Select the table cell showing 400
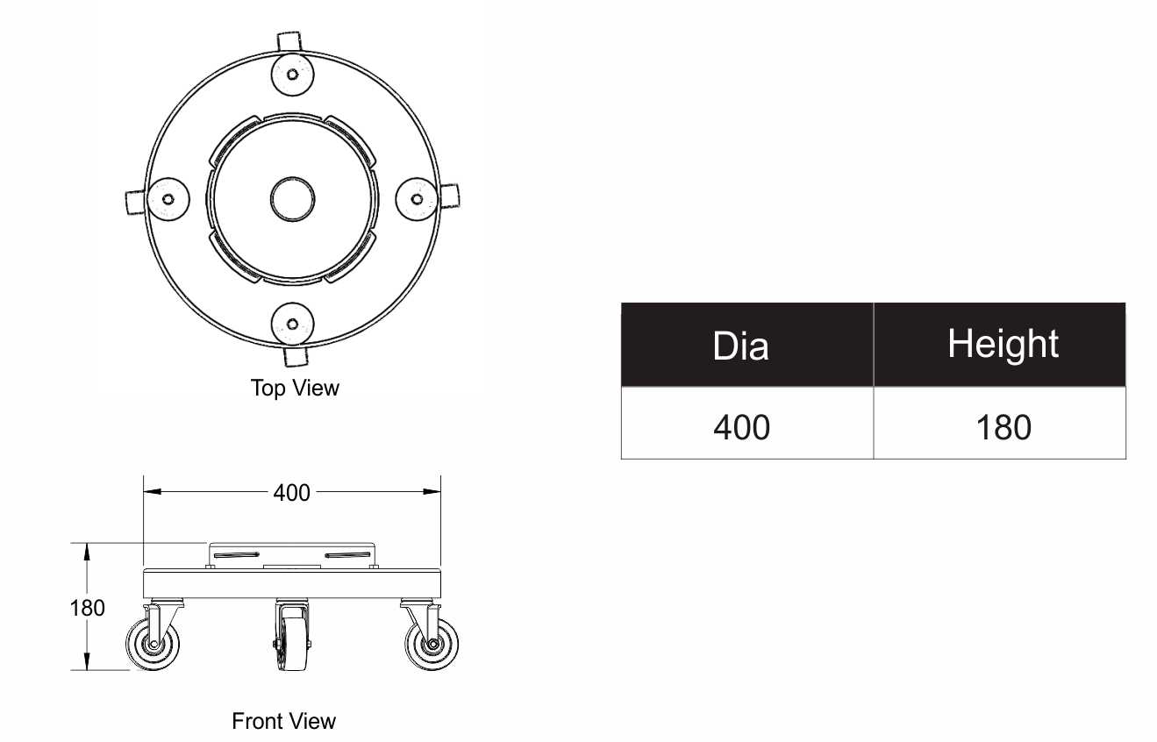[746, 423]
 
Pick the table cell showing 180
[999, 423]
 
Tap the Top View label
[295, 389]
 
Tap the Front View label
[283, 721]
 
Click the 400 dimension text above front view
[291, 493]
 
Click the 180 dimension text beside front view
[88, 608]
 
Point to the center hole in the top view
[292, 199]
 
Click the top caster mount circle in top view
[292, 75]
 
